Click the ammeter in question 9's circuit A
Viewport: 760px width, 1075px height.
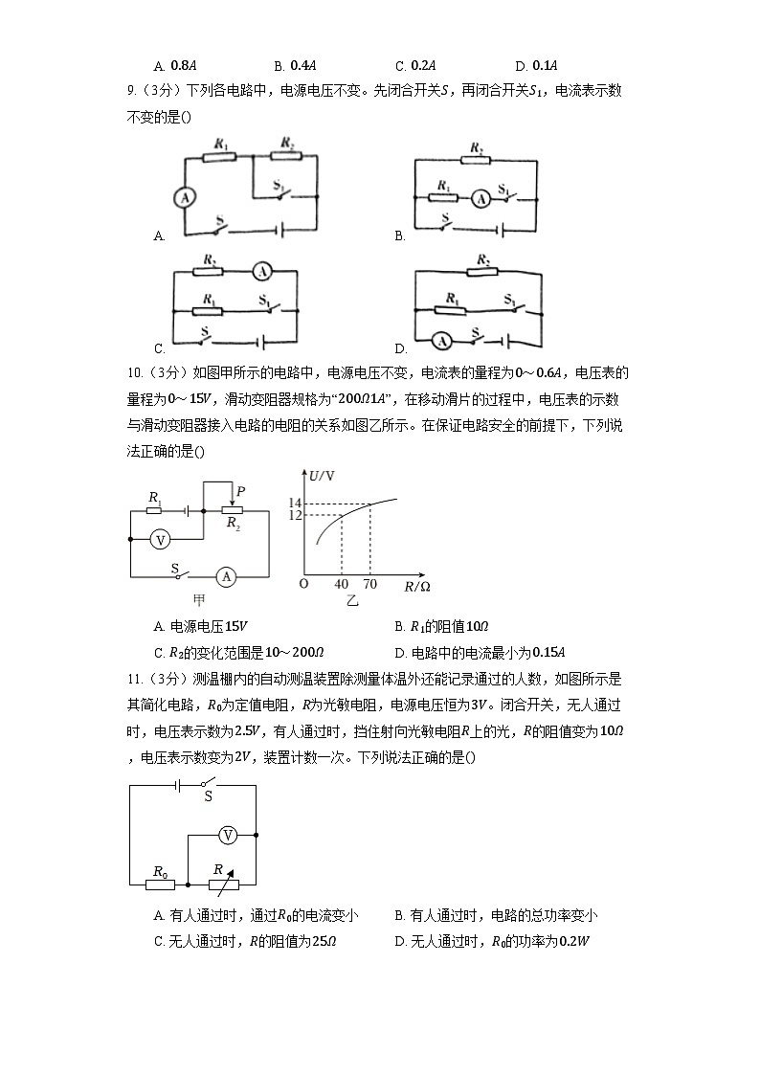[185, 196]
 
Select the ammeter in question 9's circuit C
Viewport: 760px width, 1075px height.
[262, 272]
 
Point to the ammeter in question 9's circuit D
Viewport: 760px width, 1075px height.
[441, 340]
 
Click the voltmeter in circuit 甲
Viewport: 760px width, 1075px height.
[162, 539]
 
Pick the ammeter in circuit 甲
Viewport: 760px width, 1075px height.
[225, 576]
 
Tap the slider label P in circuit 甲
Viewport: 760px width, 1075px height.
[239, 491]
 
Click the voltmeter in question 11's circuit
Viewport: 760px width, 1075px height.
[228, 836]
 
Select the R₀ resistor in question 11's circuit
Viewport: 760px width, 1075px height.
[160, 885]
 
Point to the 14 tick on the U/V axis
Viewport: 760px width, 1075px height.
[295, 504]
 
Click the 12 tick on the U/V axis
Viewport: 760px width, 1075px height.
[295, 516]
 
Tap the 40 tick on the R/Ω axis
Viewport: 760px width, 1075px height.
[342, 584]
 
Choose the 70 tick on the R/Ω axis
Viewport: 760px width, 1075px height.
[369, 584]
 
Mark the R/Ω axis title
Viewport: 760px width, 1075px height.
[417, 585]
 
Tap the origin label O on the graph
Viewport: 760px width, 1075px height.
[303, 583]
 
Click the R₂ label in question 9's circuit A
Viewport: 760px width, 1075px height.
[286, 144]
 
